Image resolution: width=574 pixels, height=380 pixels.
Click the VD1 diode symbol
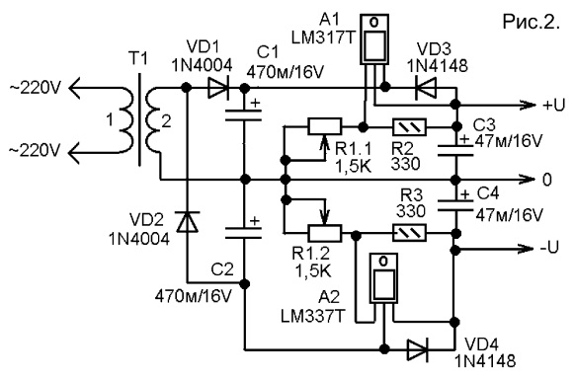tap(218, 88)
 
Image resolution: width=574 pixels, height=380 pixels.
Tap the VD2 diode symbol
tap(188, 222)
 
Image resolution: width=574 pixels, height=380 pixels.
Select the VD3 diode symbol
tap(426, 88)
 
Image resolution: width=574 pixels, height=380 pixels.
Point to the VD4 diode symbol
tap(418, 349)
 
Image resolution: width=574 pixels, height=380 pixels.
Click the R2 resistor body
tap(409, 127)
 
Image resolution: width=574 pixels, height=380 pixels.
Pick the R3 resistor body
tap(409, 233)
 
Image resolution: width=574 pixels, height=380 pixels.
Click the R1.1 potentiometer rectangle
tap(325, 127)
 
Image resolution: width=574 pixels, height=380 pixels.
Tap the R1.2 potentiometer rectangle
tap(325, 233)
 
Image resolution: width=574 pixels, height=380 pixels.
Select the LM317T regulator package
tap(373, 39)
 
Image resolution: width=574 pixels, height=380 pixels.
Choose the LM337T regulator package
tap(383, 278)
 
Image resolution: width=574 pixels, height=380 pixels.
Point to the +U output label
tap(553, 106)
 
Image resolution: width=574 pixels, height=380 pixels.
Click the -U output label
tap(549, 248)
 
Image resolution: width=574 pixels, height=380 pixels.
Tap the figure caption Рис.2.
tap(532, 22)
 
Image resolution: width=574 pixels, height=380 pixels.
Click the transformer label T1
tap(138, 58)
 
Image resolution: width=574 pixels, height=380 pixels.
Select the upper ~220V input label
tap(34, 88)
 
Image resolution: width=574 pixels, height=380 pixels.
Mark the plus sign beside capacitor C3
tap(465, 139)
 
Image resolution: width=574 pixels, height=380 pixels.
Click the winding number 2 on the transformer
tap(166, 121)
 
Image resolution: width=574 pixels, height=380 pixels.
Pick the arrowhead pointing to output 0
tap(527, 180)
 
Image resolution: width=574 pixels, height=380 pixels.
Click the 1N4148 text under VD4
tap(485, 361)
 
